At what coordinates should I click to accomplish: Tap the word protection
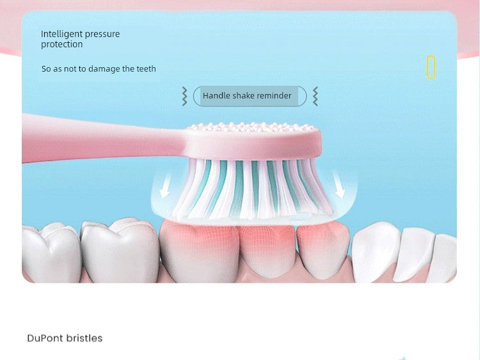coord(62,44)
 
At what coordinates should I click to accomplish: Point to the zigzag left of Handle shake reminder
coord(184,97)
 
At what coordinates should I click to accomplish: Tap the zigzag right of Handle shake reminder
coord(316,97)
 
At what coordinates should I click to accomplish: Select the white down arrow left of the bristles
coord(165,187)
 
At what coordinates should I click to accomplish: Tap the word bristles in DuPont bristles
coord(84,338)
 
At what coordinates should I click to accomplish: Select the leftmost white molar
coord(51,253)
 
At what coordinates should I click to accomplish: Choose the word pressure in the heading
coord(103,35)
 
